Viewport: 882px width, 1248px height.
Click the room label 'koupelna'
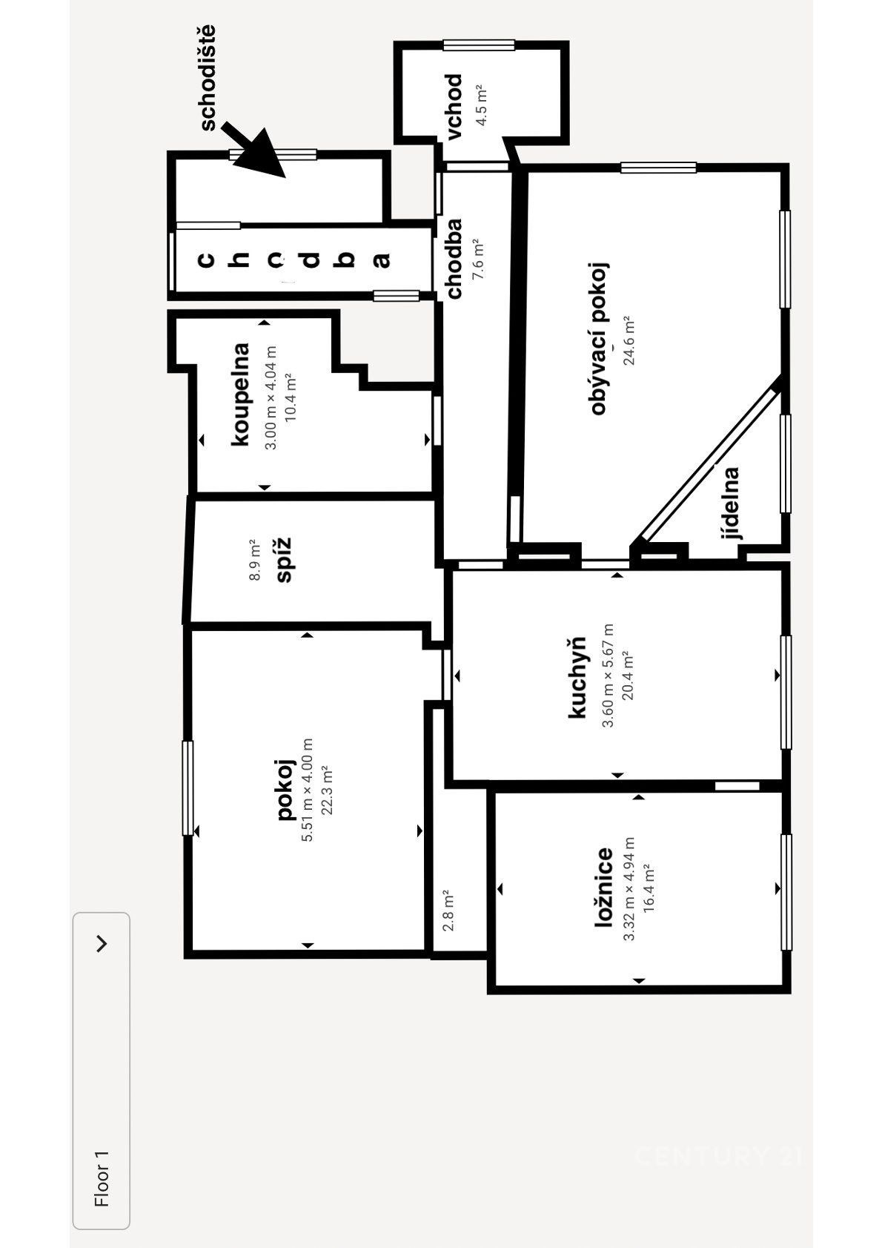pos(241,394)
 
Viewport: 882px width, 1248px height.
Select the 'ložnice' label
pos(603,888)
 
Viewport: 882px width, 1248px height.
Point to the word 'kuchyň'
pos(577,677)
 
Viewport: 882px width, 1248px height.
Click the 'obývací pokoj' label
pos(599,339)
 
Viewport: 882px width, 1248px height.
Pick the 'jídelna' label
pos(731,504)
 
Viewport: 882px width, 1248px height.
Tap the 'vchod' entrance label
pos(454,107)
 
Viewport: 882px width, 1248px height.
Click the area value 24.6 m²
pos(630,340)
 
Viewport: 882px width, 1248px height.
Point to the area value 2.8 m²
pos(449,911)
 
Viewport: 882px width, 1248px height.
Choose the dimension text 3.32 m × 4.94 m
pos(629,888)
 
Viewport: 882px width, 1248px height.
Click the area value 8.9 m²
pos(255,560)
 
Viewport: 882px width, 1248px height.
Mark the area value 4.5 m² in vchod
pos(481,106)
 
